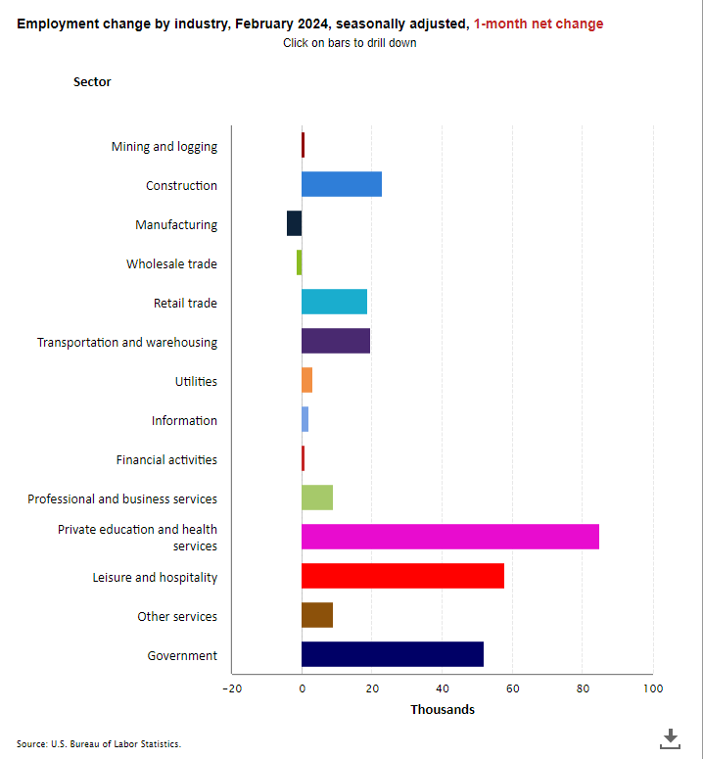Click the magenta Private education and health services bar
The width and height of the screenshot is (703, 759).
(x=449, y=537)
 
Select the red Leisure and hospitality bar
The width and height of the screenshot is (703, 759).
(x=402, y=576)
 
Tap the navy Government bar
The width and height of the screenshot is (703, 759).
(x=392, y=654)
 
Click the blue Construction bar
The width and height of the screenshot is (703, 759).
(x=341, y=184)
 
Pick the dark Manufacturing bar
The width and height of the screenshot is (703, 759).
(x=294, y=223)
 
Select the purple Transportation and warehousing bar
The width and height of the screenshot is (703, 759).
(x=335, y=341)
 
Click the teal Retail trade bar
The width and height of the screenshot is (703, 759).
(x=334, y=302)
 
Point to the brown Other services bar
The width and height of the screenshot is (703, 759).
(x=316, y=615)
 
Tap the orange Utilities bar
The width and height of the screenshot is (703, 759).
(x=306, y=380)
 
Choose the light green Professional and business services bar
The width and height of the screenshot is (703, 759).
(x=316, y=498)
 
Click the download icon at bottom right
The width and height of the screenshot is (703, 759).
(x=671, y=737)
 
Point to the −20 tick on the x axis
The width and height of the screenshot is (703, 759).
(x=231, y=688)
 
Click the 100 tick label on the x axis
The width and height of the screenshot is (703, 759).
(x=652, y=688)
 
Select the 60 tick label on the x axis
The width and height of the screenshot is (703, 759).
(x=512, y=688)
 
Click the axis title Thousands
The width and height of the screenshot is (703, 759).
(x=442, y=710)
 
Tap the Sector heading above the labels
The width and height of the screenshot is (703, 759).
(x=92, y=82)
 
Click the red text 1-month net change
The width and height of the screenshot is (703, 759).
(x=539, y=24)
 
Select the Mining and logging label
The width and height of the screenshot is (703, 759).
(x=164, y=147)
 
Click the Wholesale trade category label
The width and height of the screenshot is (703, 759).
(x=171, y=264)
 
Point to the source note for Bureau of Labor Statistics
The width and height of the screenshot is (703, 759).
(x=99, y=744)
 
